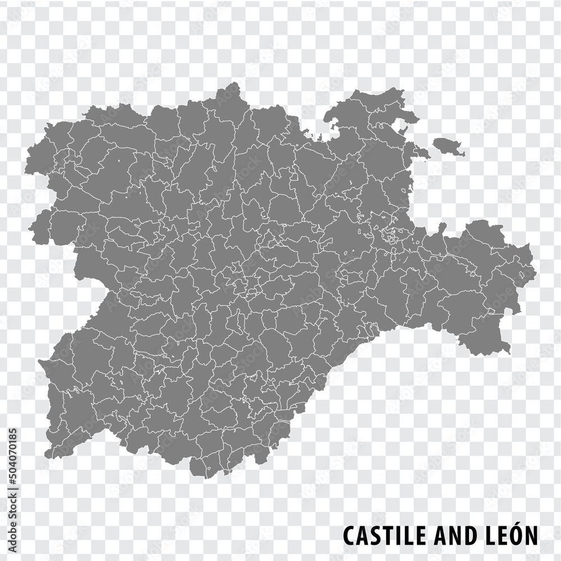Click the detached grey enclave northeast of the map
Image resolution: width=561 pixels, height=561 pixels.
tap(449, 146)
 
